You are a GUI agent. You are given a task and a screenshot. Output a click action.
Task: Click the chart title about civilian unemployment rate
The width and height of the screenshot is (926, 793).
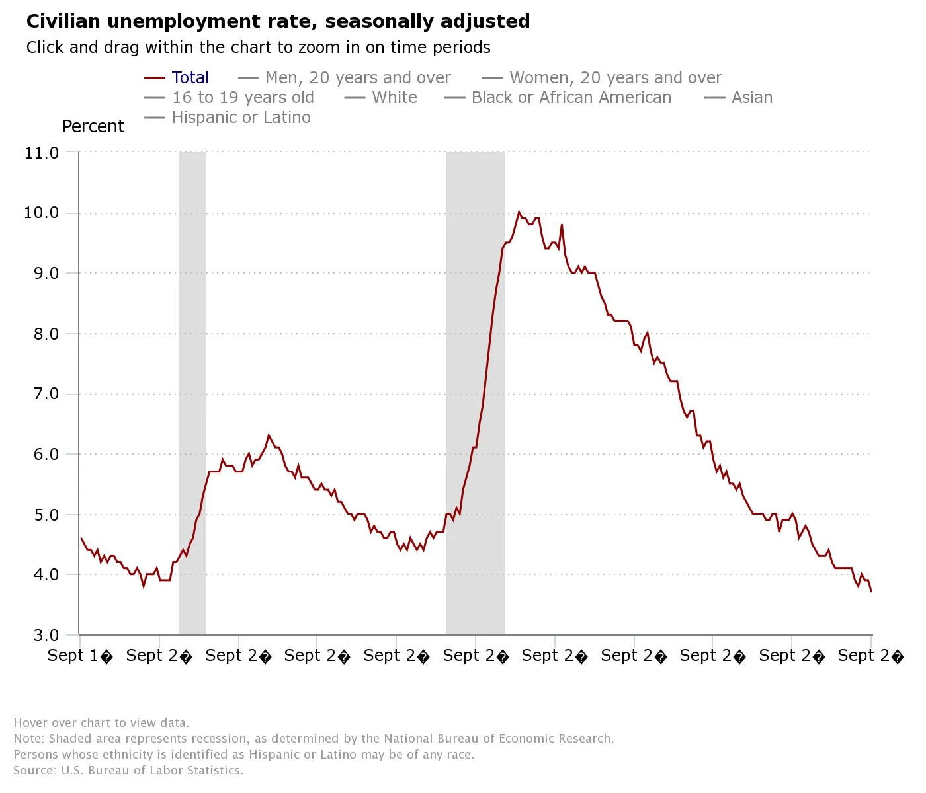[x=278, y=21]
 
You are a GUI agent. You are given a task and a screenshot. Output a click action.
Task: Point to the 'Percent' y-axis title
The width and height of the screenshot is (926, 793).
[x=93, y=126]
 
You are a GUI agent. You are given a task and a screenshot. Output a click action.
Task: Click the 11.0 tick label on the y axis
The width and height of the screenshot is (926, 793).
[x=42, y=153]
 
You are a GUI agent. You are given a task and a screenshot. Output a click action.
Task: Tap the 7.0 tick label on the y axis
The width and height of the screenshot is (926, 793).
[x=42, y=394]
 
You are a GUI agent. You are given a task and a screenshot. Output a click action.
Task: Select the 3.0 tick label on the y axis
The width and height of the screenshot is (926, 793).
[x=42, y=635]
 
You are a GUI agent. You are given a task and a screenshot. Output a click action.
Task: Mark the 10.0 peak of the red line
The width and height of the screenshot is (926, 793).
[x=519, y=212]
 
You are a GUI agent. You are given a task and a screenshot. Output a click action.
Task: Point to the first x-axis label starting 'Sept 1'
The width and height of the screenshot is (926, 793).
[x=80, y=656]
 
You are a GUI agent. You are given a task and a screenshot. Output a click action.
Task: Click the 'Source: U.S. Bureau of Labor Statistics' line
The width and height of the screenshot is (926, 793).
[x=128, y=771]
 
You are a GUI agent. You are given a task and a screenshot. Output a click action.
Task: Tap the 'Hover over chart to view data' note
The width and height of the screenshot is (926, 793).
[x=101, y=723]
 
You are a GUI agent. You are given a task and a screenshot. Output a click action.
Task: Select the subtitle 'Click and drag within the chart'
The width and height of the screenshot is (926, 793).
[x=258, y=48]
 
